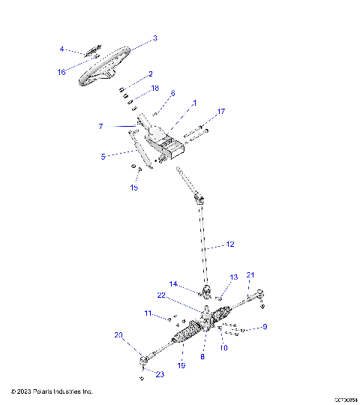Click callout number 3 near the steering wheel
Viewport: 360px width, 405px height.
[154, 37]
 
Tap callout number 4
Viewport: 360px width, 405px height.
[62, 49]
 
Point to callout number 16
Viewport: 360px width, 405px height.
[62, 72]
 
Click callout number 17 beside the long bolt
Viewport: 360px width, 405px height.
[220, 112]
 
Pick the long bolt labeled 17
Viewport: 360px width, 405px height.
[193, 136]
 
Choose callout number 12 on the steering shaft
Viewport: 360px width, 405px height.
[230, 244]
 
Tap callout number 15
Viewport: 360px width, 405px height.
[134, 187]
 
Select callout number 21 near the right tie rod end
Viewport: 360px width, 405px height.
[251, 274]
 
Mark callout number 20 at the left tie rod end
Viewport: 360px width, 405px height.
[118, 335]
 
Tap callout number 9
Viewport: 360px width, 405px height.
[264, 327]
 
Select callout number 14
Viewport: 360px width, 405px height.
[173, 283]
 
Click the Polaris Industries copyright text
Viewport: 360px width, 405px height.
[52, 391]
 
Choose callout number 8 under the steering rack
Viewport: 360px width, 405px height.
[202, 358]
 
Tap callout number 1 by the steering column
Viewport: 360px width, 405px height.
[173, 102]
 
